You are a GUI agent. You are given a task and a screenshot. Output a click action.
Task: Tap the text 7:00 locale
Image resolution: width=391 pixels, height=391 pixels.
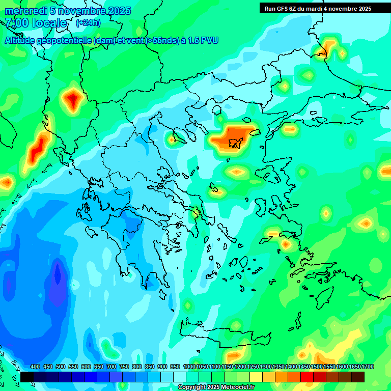(x=36, y=23)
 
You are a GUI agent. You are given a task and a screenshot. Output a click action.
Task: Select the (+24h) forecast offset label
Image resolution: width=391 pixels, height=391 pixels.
(x=88, y=23)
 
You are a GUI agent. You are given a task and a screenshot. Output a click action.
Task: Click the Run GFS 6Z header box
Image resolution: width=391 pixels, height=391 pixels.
(x=318, y=9)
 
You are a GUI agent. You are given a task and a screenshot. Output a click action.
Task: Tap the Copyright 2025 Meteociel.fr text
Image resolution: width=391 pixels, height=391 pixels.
(x=216, y=387)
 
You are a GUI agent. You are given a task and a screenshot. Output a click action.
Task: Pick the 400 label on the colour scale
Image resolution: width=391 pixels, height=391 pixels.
(x=35, y=367)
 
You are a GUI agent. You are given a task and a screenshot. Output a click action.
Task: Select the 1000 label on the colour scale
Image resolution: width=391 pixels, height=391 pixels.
(x=189, y=367)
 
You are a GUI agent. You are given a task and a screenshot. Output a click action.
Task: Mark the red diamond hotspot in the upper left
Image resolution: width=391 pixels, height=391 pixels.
(x=73, y=99)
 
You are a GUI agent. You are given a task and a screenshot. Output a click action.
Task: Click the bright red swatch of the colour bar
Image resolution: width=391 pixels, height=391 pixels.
(x=307, y=377)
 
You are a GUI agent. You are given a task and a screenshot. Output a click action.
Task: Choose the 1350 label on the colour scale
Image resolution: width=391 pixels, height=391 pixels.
(x=278, y=367)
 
